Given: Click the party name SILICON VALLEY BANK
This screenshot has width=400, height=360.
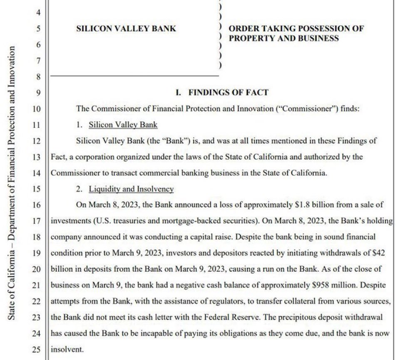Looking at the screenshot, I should [126, 29].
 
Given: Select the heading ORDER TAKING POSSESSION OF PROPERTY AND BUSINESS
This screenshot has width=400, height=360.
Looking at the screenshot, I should [296, 33].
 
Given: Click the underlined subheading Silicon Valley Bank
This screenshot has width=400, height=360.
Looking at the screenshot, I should [123, 125].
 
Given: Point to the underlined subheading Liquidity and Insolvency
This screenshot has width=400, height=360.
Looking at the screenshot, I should [131, 189].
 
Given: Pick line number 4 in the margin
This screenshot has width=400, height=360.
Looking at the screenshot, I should [38, 13].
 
